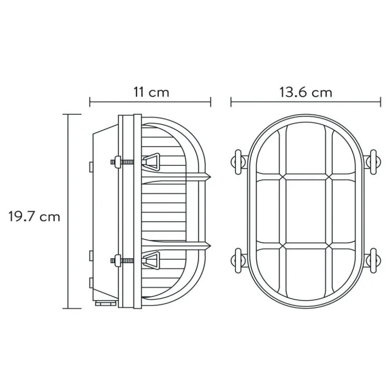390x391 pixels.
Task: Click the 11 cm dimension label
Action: coord(152,92)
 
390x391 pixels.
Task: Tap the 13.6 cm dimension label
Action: coord(306,92)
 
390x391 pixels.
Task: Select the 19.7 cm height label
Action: coord(34,217)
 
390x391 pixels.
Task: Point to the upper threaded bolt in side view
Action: coord(122,162)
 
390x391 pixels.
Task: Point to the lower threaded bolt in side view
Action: coord(122,261)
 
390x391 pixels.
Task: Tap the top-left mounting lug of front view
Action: coord(239,162)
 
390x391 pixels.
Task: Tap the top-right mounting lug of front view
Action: coord(373,162)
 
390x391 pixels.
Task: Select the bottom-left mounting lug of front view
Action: coord(239,261)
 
